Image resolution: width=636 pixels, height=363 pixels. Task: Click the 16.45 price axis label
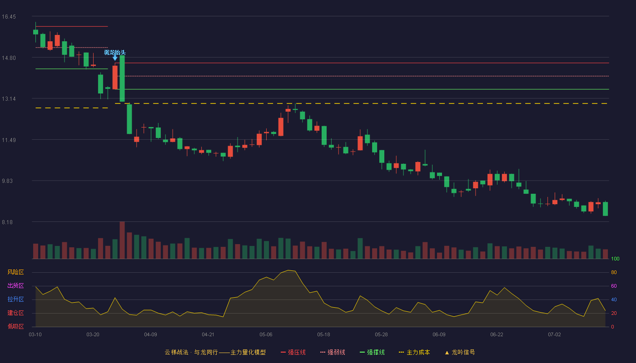(x=9, y=17)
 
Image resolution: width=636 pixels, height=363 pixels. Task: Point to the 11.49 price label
(x=9, y=140)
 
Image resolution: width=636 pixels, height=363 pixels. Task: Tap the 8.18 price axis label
(x=7, y=222)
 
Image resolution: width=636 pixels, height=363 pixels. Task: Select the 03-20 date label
(x=93, y=335)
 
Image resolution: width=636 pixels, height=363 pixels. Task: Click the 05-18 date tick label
(x=323, y=335)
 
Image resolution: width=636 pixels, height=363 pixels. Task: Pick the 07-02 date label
(x=555, y=335)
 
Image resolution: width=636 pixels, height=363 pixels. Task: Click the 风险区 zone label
(x=15, y=272)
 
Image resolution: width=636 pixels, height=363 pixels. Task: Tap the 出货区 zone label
(x=15, y=285)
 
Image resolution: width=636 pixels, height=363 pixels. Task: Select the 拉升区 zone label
(x=15, y=299)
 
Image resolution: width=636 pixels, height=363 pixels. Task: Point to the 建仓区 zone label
(x=15, y=313)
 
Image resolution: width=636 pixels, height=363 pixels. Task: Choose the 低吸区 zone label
(x=15, y=326)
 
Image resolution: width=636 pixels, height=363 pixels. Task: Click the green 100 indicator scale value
(x=615, y=259)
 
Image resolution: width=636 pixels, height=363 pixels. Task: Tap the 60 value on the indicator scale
(x=614, y=286)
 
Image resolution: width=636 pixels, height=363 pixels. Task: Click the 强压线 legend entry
(x=293, y=352)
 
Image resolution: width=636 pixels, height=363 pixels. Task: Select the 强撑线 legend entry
(x=372, y=352)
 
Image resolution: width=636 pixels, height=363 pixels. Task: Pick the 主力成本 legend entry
(x=414, y=352)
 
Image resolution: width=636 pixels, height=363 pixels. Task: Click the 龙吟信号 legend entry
(x=460, y=352)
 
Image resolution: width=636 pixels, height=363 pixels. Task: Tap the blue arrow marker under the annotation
(x=115, y=58)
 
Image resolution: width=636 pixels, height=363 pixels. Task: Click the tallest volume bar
(x=122, y=240)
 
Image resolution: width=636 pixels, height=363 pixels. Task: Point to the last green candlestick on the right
(x=605, y=209)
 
